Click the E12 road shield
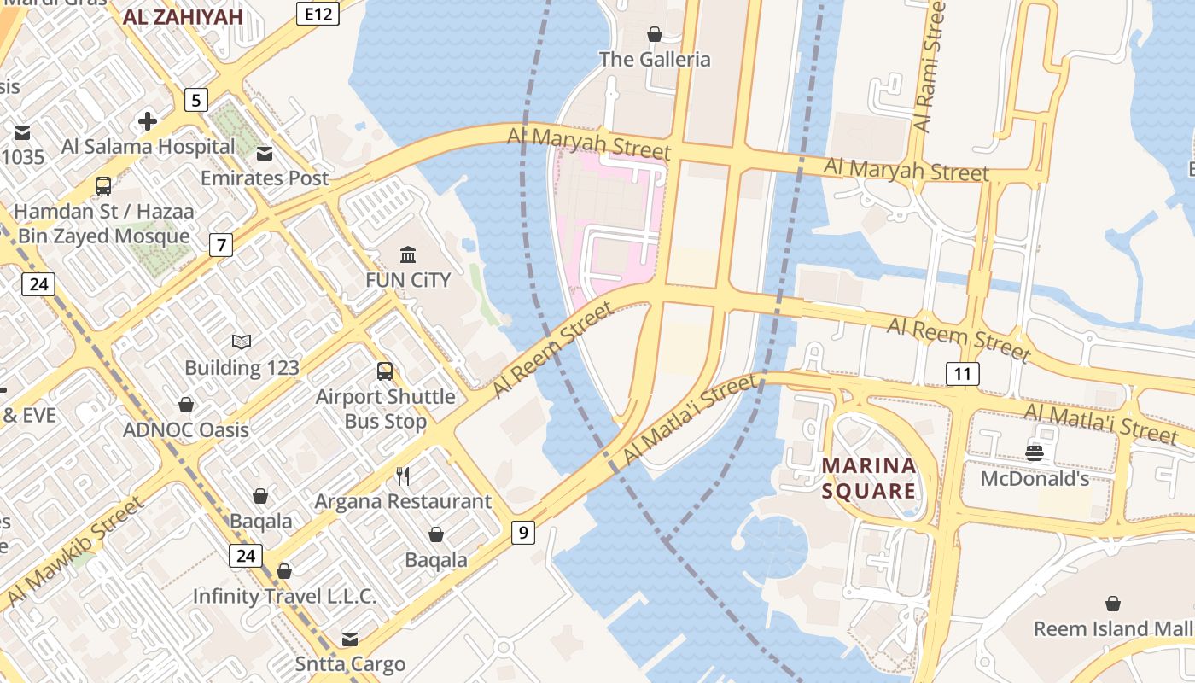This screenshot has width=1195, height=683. click(318, 13)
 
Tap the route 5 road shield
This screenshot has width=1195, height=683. click(196, 100)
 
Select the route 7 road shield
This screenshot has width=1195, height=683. click(221, 245)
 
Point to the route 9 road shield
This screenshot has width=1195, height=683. click(522, 533)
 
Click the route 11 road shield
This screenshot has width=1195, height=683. click(962, 373)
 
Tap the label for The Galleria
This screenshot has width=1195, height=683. click(655, 59)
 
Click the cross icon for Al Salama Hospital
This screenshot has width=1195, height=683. click(148, 121)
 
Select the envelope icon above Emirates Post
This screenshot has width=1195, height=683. click(265, 154)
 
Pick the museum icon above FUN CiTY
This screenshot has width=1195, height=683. click(408, 254)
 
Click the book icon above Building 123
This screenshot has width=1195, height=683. click(242, 342)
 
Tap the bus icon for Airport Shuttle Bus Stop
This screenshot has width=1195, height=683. click(385, 371)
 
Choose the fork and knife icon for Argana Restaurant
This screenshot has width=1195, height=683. click(403, 476)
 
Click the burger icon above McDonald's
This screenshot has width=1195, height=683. click(1035, 452)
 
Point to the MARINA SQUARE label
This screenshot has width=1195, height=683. click(869, 478)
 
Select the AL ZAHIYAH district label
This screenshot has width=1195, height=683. click(184, 16)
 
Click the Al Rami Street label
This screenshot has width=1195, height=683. click(930, 66)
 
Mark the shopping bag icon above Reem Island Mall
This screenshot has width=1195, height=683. click(1113, 604)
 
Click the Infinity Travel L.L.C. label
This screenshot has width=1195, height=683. click(284, 596)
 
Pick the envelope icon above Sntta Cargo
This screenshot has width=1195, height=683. click(350, 639)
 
